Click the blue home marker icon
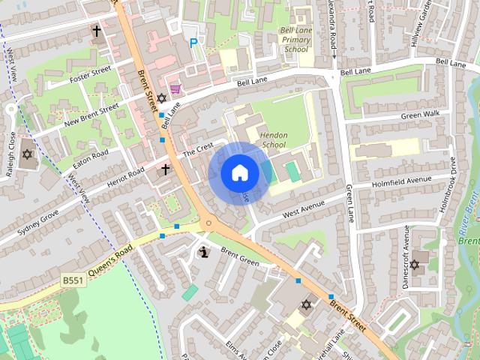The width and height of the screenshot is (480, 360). [239, 173]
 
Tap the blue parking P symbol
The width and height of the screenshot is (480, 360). [193, 44]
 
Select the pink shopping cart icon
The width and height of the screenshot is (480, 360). [175, 89]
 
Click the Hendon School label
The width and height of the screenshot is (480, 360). [273, 139]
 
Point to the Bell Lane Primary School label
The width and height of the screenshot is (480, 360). [293, 40]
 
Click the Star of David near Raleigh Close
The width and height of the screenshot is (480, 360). [28, 154]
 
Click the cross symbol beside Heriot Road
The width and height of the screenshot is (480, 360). [166, 170]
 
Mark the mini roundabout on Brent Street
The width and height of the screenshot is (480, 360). [209, 223]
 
